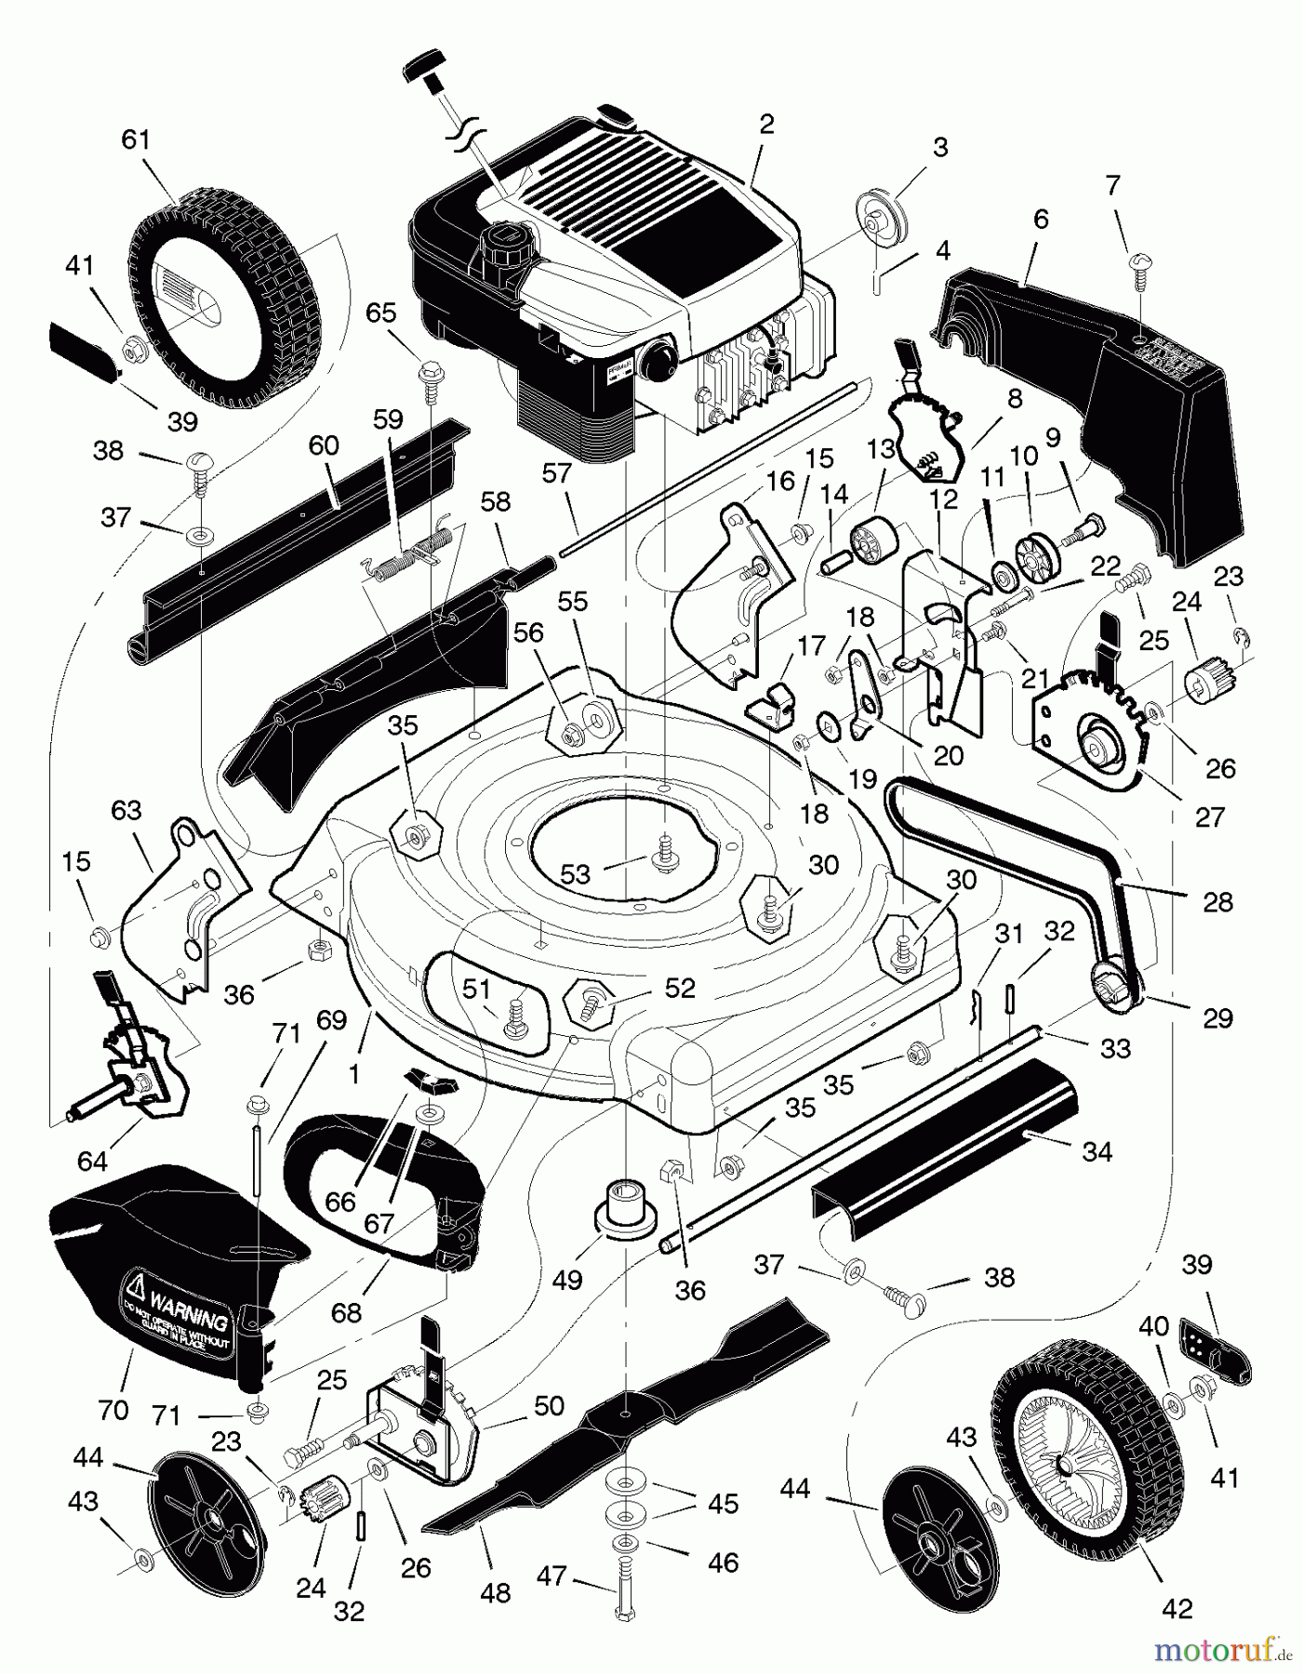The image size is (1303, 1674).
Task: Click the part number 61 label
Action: [136, 140]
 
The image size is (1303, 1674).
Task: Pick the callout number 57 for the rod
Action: [556, 474]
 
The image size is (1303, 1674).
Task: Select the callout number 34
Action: [1097, 1151]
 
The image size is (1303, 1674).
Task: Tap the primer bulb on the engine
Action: [663, 353]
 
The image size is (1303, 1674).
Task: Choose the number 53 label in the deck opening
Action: [577, 874]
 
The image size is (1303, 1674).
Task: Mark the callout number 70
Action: [113, 1411]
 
